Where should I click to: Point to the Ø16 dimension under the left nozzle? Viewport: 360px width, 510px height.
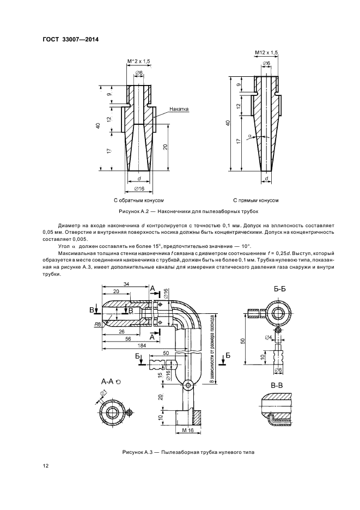click(x=139, y=189)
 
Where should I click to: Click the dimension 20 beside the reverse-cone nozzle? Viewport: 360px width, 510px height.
click(x=166, y=147)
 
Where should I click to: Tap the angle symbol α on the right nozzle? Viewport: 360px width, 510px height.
click(x=249, y=135)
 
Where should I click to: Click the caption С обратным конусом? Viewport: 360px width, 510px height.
click(x=139, y=201)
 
